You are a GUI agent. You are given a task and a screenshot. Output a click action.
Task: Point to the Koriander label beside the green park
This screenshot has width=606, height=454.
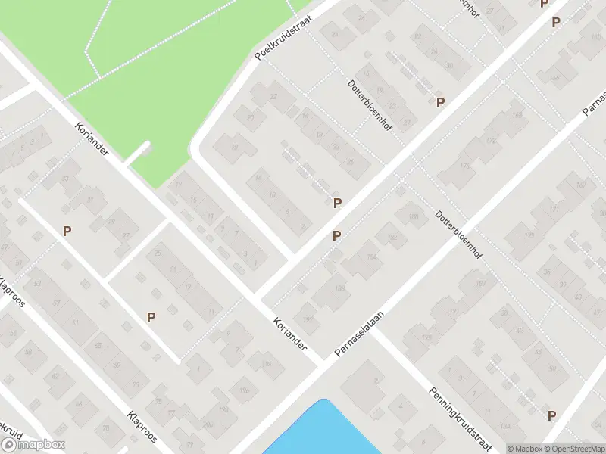92,140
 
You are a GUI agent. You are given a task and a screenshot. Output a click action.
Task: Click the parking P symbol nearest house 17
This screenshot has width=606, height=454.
151,318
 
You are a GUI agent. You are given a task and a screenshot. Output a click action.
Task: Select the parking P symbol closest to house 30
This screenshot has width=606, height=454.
439,102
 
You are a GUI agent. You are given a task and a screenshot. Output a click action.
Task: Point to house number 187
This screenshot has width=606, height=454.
479,283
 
